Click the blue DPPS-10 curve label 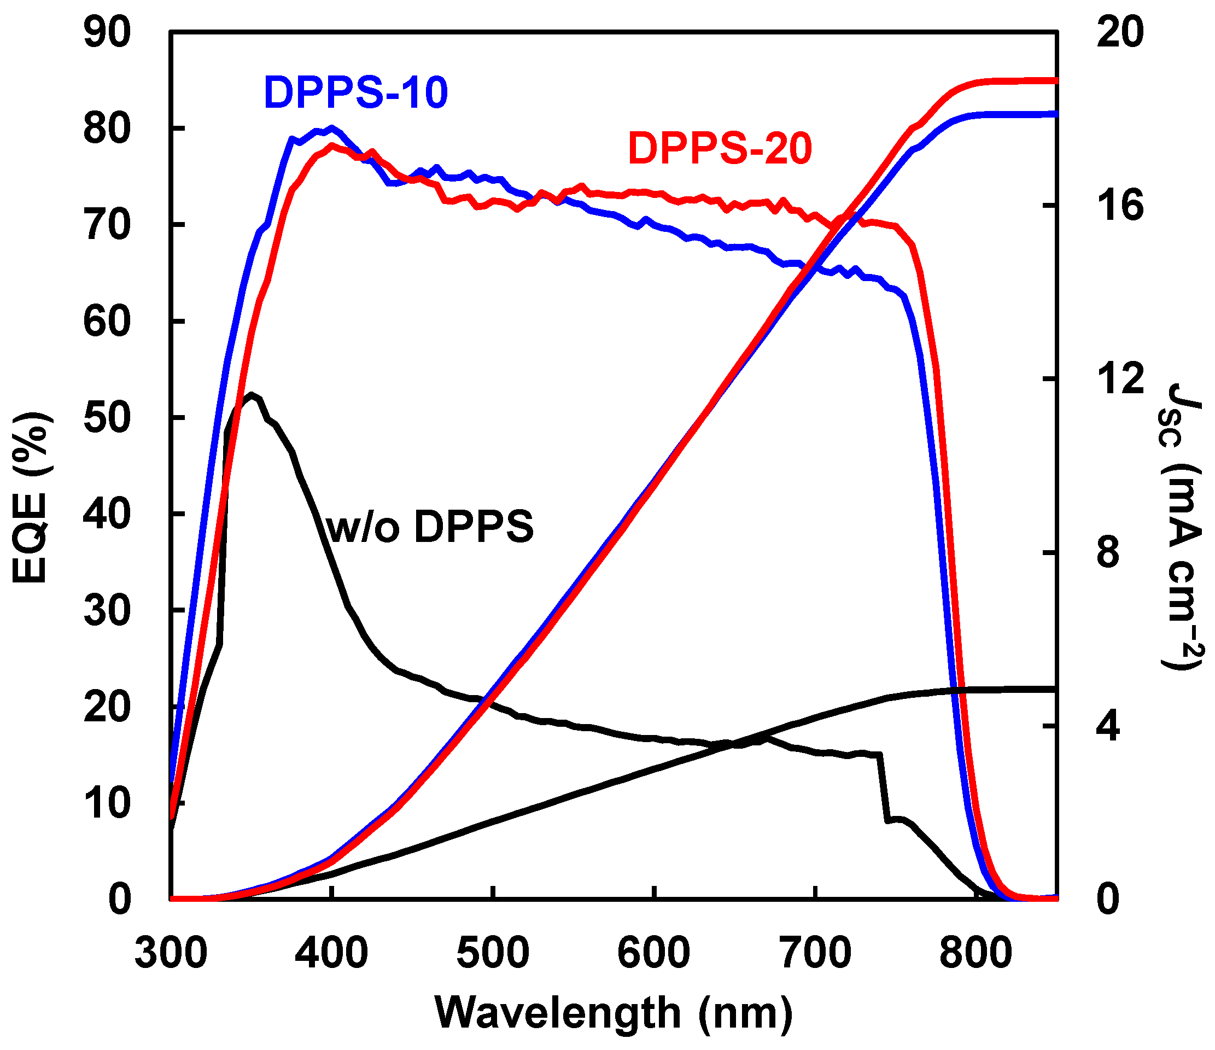click(x=356, y=92)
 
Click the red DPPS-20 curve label click(x=720, y=148)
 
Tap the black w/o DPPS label click(x=430, y=527)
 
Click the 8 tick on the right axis click(x=1108, y=552)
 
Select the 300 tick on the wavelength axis click(x=171, y=953)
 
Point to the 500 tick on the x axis click(x=493, y=953)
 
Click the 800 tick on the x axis click(x=975, y=953)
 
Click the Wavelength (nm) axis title click(x=614, y=1013)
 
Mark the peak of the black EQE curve click(x=252, y=394)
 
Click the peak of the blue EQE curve click(x=332, y=127)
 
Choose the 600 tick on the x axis click(x=654, y=953)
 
